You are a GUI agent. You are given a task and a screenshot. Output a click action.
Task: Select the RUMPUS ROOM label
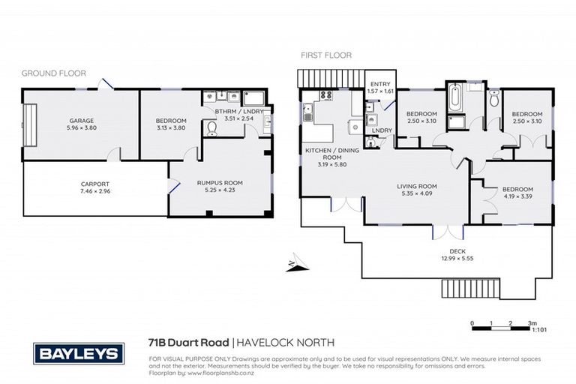point(219,183)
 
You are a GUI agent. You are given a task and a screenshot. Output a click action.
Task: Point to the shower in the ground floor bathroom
point(253,97)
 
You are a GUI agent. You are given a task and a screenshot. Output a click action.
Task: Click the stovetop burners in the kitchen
point(327,95)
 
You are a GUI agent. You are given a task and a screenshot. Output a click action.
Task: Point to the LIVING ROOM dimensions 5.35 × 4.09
point(416,193)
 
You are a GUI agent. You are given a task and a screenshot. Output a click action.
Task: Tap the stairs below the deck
point(457,289)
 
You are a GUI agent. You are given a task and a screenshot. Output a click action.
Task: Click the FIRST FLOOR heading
point(326,55)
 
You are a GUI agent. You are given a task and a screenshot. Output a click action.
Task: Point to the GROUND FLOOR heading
point(53,73)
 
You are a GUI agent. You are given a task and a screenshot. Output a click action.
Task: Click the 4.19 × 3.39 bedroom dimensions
point(517,197)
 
